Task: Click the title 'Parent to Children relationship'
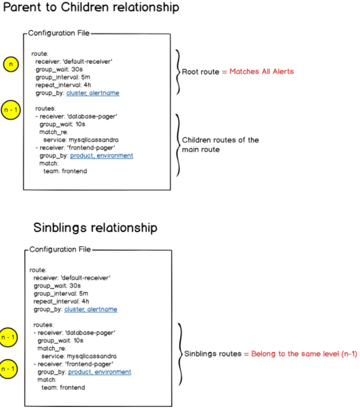pos(91,8)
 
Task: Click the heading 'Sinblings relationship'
pos(95,228)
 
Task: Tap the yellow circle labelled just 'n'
pos(11,65)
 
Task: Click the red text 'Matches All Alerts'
pos(261,72)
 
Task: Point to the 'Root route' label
pos(200,72)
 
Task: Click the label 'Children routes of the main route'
pos(220,144)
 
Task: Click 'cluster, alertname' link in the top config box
pos(92,93)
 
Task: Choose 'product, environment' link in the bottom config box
pos(99,372)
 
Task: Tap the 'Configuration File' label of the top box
pos(58,33)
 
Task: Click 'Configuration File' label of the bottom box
pos(60,249)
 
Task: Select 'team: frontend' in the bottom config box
pos(63,388)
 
